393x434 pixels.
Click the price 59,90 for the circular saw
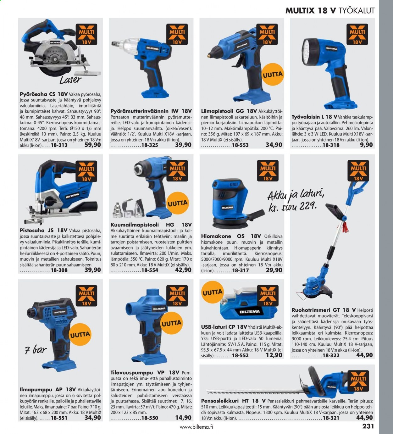coord(92,145)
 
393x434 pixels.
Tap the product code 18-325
coord(150,145)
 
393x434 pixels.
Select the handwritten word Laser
coord(70,80)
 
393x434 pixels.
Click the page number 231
coord(368,426)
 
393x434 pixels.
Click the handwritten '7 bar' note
coord(36,350)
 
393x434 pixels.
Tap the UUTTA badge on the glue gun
coord(273,75)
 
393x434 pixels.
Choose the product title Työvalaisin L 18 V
coord(314,117)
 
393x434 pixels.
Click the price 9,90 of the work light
coord(366,145)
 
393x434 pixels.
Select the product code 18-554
coord(150,270)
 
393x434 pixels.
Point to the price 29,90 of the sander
coord(274,270)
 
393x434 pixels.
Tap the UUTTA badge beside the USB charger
coord(213,292)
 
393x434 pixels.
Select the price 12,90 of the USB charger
coord(274,355)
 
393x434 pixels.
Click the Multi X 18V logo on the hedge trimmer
coord(358,381)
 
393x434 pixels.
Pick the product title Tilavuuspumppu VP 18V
coord(145,373)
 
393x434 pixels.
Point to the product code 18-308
coord(59,270)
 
